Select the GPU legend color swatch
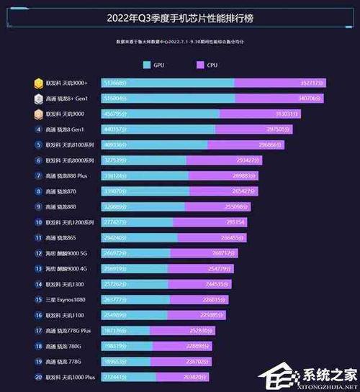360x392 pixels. click(147, 65)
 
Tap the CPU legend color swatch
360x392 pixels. click(201, 65)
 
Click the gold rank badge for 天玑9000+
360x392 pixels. click(38, 83)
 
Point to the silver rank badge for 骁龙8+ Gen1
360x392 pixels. click(38, 98)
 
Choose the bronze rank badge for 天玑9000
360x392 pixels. click(38, 114)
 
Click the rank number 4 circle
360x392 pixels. click(38, 129)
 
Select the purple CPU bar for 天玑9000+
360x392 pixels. click(281, 83)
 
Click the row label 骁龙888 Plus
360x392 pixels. click(66, 176)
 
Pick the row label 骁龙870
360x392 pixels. click(60, 191)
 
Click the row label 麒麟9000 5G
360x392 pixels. click(66, 253)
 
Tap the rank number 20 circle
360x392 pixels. click(38, 377)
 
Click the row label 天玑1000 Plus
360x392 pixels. click(70, 377)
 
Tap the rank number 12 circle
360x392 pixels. click(38, 253)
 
